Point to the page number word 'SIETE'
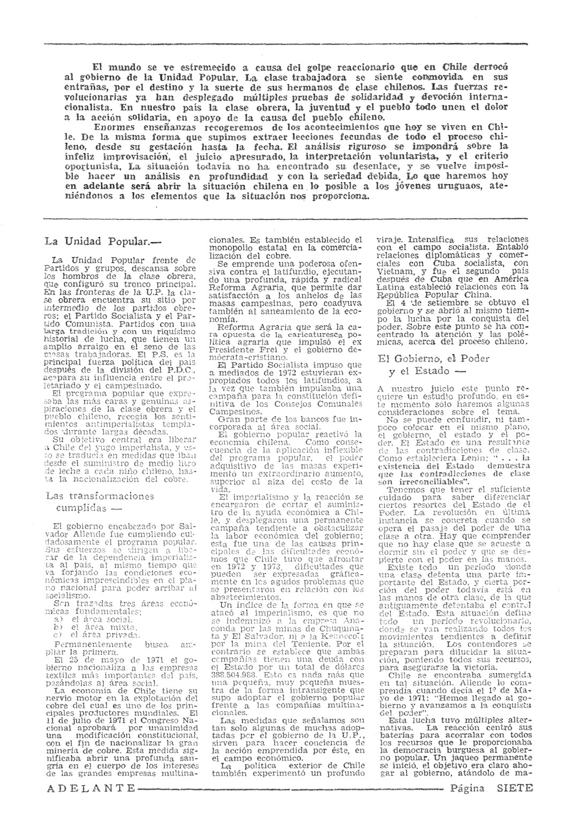514,788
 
